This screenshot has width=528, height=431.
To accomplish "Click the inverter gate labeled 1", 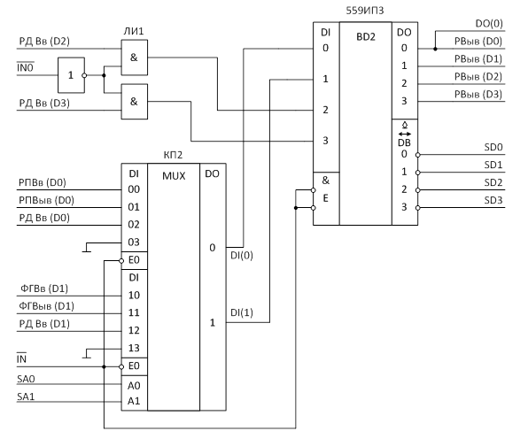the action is click(71, 75).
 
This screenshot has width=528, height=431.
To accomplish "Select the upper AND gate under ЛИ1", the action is click(135, 58).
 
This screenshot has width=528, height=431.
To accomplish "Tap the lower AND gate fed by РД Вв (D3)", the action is click(135, 102).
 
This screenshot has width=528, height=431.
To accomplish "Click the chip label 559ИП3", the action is click(365, 11).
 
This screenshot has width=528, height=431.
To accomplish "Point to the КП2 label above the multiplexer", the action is click(173, 155).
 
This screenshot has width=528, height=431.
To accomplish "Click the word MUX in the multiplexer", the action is click(174, 176).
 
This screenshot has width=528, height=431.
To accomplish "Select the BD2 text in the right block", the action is click(366, 36).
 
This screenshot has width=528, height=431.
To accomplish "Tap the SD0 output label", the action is click(493, 147).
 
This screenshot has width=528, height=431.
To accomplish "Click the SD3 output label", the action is click(493, 200).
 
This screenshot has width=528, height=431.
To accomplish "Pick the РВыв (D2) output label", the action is click(478, 77).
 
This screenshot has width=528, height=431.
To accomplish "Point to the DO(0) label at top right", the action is click(489, 24).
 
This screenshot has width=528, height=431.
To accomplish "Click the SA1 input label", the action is click(26, 396).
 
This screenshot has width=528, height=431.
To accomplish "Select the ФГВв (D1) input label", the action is click(44, 289).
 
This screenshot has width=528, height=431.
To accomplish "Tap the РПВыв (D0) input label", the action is click(46, 200).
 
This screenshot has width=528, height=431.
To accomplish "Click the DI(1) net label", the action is click(242, 312).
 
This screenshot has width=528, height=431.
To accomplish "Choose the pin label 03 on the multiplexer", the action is click(134, 242).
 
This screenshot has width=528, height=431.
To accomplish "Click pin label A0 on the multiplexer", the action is click(134, 386).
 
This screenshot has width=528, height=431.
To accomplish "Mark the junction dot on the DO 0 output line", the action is click(435, 49).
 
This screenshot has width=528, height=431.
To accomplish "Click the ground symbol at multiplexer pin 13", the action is click(87, 354).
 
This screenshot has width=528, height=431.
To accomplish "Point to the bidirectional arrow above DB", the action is click(405, 134).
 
